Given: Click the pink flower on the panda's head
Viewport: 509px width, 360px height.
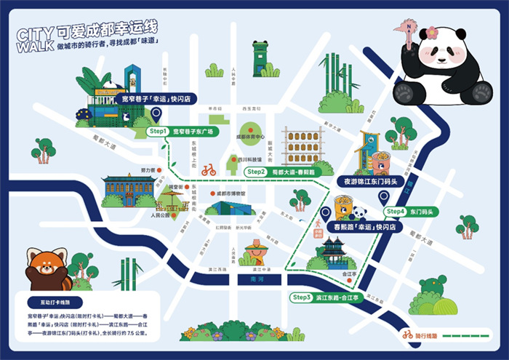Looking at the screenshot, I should [x=433, y=32].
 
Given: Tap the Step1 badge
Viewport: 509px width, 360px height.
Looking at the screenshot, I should [x=158, y=132].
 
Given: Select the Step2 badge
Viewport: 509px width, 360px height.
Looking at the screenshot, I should [x=256, y=172].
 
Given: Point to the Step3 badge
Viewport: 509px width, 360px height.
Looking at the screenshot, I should [x=300, y=297].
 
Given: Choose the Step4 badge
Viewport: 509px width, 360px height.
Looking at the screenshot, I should [x=396, y=212].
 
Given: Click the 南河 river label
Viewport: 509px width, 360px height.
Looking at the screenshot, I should [x=252, y=279].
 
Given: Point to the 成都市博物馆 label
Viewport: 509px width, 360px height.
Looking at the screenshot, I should [x=231, y=193].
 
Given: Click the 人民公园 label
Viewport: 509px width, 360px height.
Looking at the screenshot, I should [x=159, y=215].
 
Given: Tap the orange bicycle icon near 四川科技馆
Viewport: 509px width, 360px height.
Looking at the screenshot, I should [x=209, y=170].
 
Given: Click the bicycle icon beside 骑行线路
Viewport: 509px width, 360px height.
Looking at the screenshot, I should [x=408, y=336].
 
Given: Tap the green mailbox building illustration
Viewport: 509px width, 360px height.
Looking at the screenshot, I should [x=260, y=57].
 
